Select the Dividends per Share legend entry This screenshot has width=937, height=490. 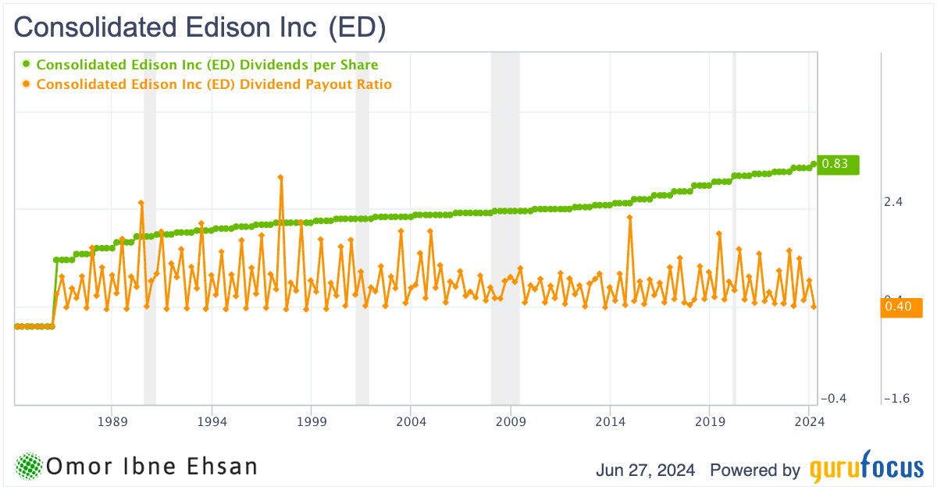207,65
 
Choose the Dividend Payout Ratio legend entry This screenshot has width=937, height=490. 213,84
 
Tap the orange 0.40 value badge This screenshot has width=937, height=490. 901,307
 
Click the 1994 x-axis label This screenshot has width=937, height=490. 212,421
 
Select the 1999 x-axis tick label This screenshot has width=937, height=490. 312,421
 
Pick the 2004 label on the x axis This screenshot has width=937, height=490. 411,421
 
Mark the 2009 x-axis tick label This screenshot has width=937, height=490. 511,421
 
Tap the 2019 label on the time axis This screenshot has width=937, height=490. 710,421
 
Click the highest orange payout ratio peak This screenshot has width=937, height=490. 280,177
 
